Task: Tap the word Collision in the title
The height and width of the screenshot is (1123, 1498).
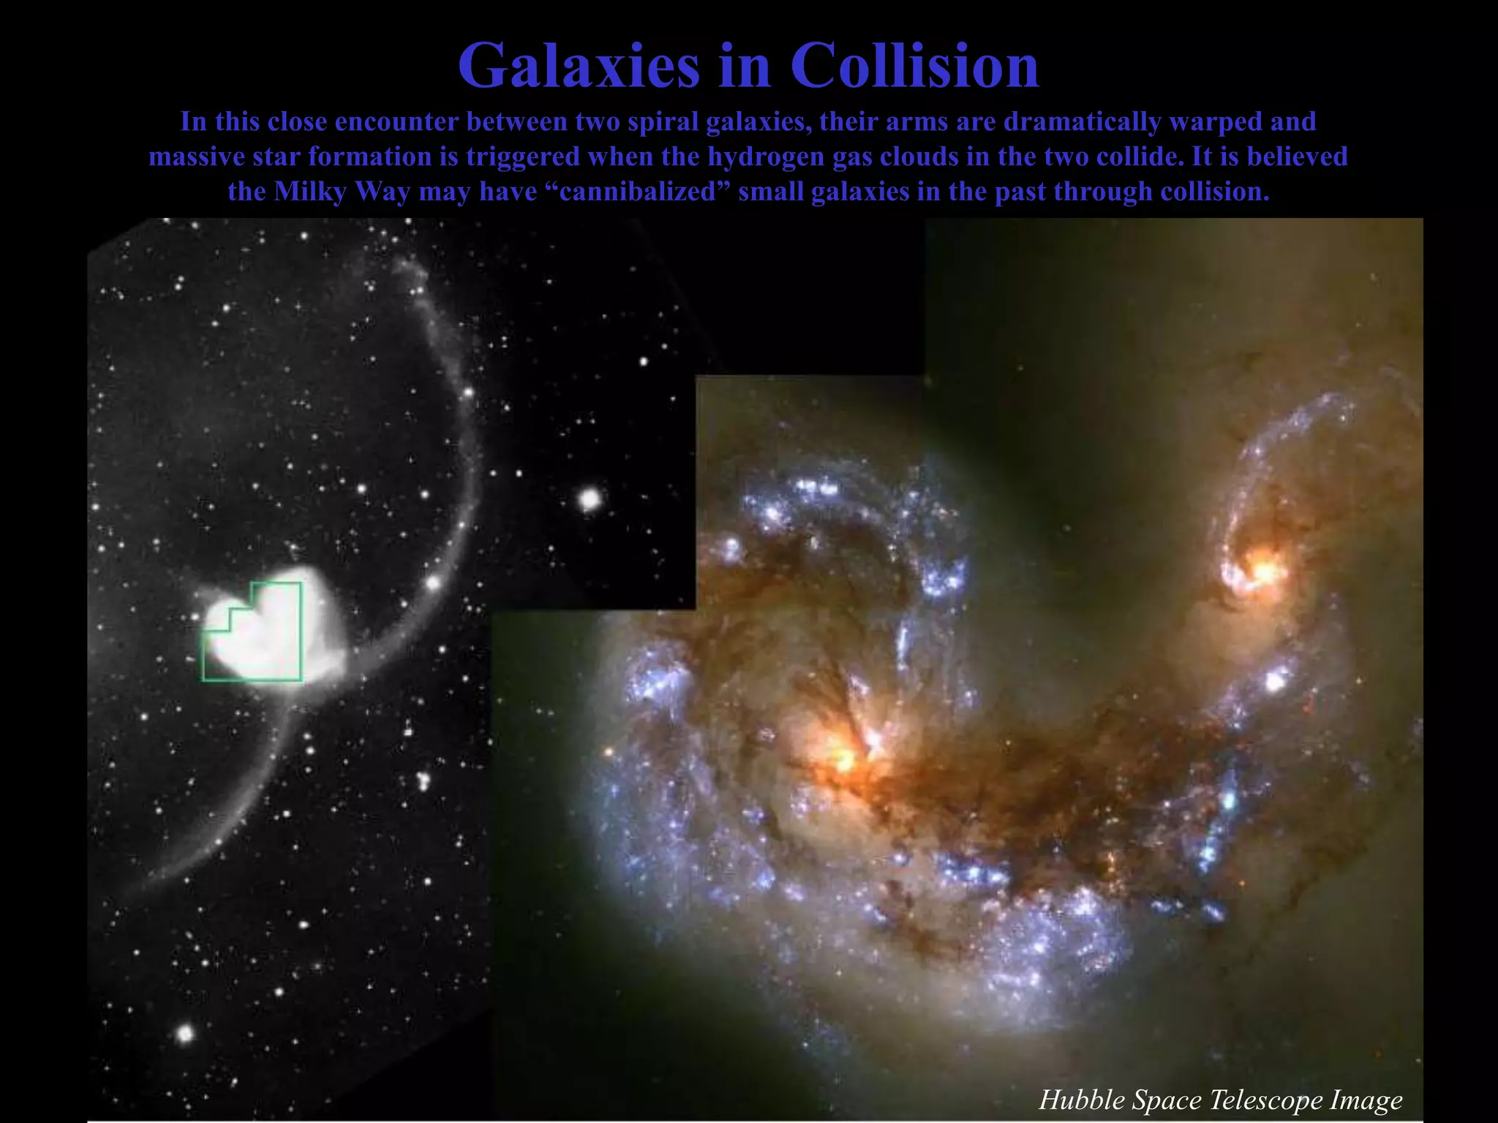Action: click(914, 66)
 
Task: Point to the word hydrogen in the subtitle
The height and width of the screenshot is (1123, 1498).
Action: click(766, 156)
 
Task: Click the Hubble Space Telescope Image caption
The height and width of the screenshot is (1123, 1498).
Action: click(1220, 1100)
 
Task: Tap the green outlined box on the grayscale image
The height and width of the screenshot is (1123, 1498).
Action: click(251, 632)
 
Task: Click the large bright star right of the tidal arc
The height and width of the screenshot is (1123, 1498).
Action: click(590, 500)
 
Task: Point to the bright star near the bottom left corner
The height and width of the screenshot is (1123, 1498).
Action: click(185, 1033)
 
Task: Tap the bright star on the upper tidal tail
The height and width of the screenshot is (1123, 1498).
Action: click(434, 583)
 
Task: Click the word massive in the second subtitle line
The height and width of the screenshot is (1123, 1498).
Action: click(197, 156)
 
